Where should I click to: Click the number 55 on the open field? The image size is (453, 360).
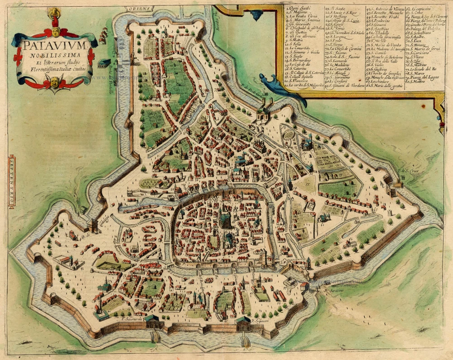(308, 184)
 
